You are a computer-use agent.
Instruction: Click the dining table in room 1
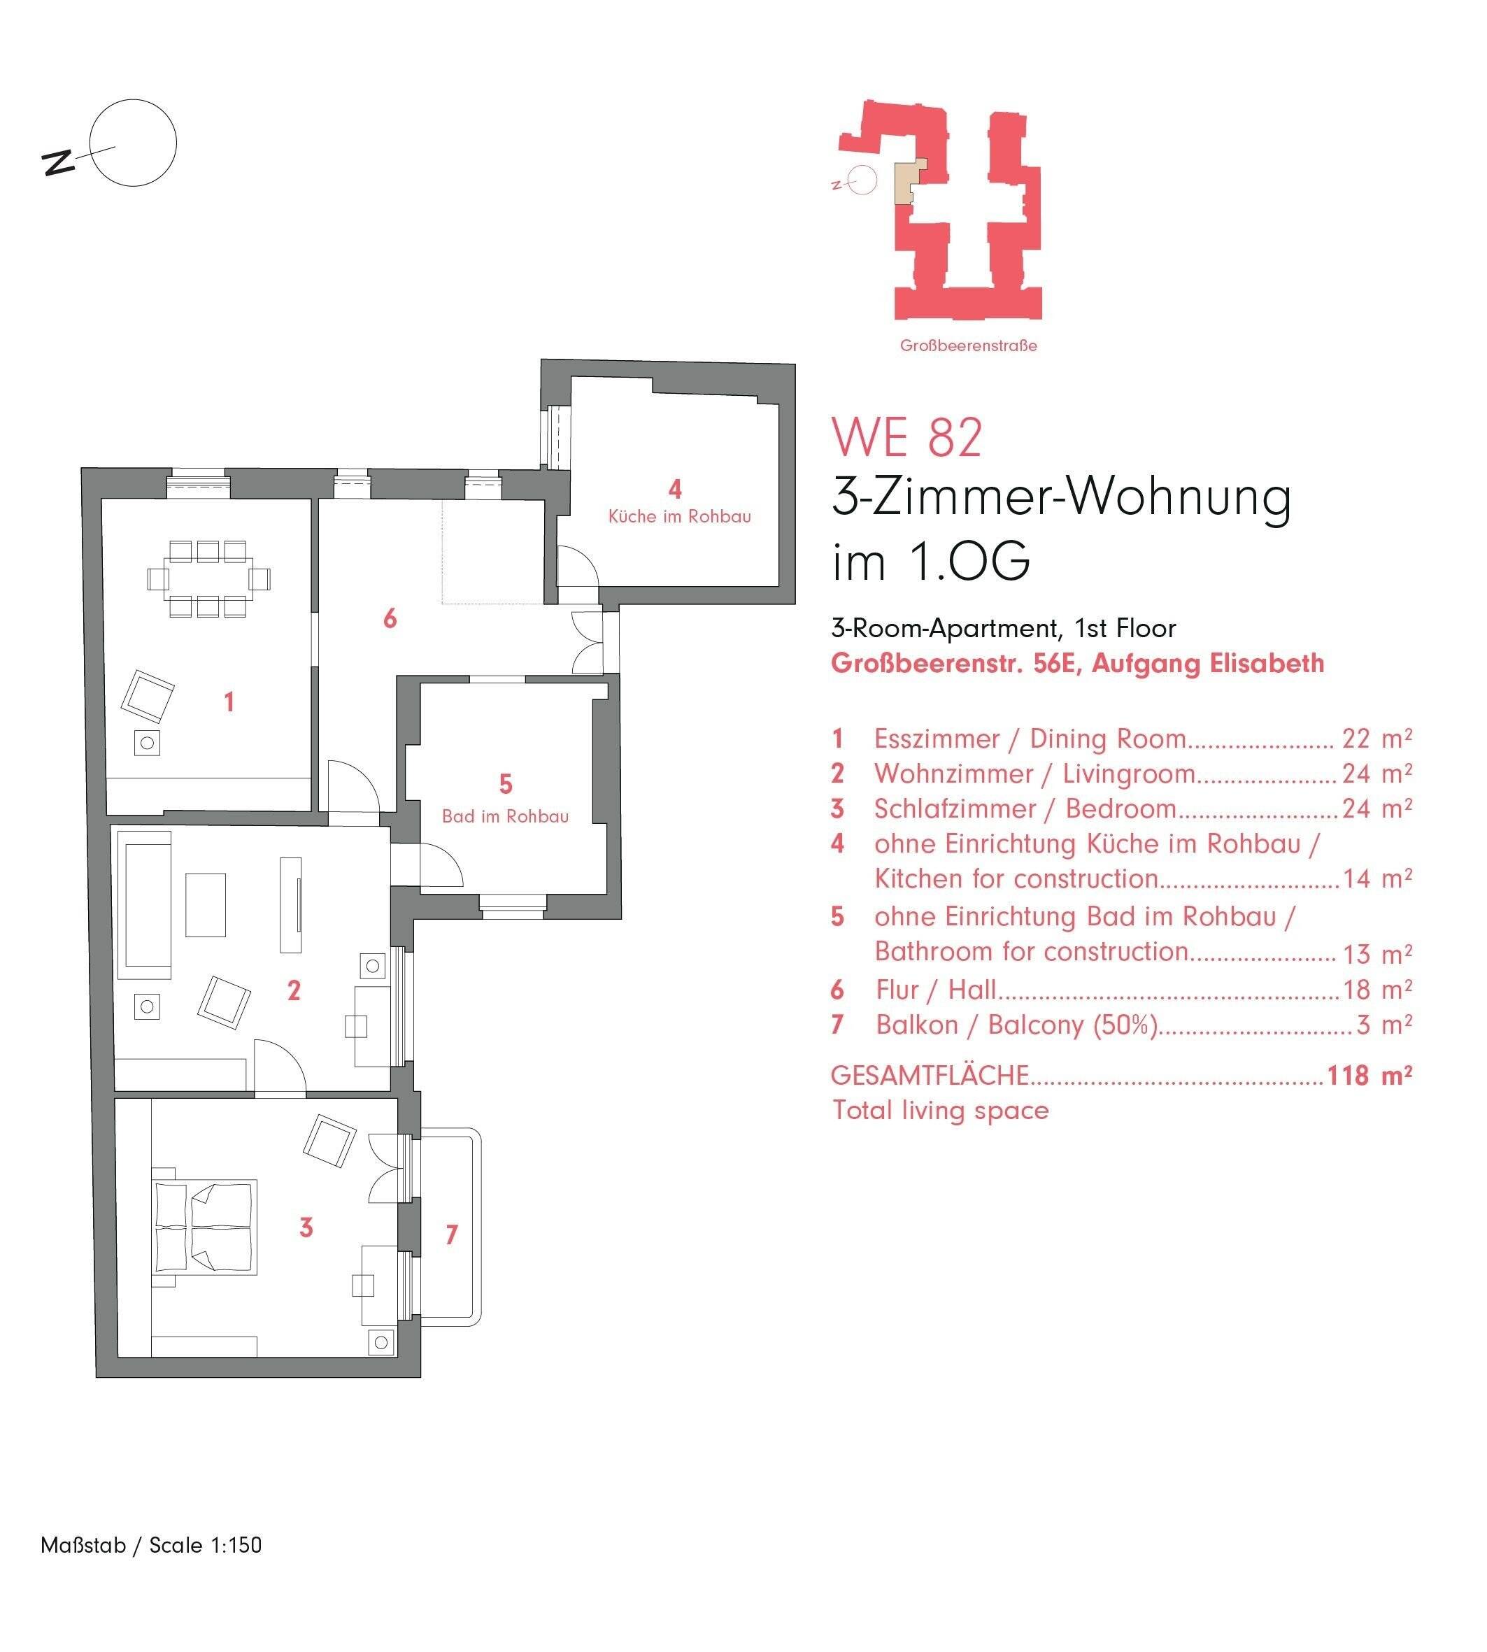(208, 578)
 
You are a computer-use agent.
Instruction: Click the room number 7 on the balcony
(451, 1234)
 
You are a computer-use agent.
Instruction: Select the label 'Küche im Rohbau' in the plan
(679, 516)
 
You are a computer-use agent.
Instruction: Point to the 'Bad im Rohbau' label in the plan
(505, 816)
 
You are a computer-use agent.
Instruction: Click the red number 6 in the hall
(390, 618)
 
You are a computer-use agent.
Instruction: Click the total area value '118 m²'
(1369, 1075)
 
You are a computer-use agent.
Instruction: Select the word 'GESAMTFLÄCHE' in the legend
(929, 1075)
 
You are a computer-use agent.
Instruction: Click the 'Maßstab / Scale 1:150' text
(151, 1545)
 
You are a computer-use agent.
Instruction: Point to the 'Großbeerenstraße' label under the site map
(968, 346)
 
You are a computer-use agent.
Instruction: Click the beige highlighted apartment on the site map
(908, 180)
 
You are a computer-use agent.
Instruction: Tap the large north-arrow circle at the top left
(133, 143)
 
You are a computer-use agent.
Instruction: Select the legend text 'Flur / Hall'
(936, 990)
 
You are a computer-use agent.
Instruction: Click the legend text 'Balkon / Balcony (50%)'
(1016, 1025)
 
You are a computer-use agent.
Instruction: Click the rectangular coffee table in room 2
(205, 904)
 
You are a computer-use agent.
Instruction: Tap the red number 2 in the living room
(294, 990)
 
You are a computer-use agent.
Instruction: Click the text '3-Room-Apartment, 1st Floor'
(1003, 628)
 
